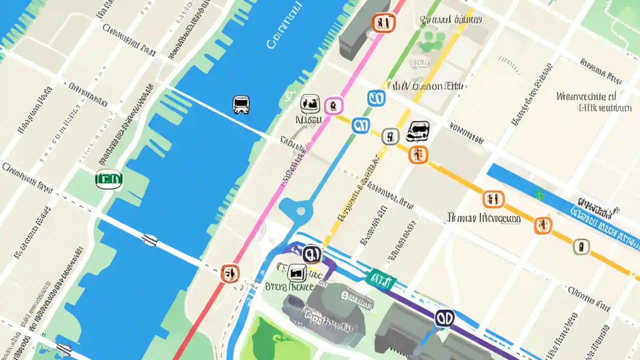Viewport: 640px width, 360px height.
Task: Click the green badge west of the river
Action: [108, 179]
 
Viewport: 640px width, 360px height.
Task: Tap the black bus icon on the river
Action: [241, 104]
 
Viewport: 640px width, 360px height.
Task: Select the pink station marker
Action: [332, 106]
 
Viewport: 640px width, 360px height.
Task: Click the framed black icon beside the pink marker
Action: [310, 104]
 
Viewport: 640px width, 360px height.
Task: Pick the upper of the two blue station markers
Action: [376, 98]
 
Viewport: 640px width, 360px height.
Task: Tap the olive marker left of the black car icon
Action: [390, 136]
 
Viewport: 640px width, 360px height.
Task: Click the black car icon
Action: [417, 131]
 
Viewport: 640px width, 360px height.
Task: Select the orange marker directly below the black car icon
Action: [418, 154]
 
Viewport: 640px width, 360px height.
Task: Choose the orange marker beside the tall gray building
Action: [383, 22]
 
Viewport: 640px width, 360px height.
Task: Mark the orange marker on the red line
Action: [229, 273]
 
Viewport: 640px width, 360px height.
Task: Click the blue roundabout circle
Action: [300, 211]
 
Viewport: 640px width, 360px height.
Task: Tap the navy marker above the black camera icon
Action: [312, 254]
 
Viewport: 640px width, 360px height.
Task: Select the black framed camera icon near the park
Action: [296, 272]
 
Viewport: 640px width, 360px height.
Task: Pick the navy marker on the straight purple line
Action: [444, 318]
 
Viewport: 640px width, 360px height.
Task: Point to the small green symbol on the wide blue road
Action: [539, 195]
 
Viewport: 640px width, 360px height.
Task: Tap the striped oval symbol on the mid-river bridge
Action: [149, 240]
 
